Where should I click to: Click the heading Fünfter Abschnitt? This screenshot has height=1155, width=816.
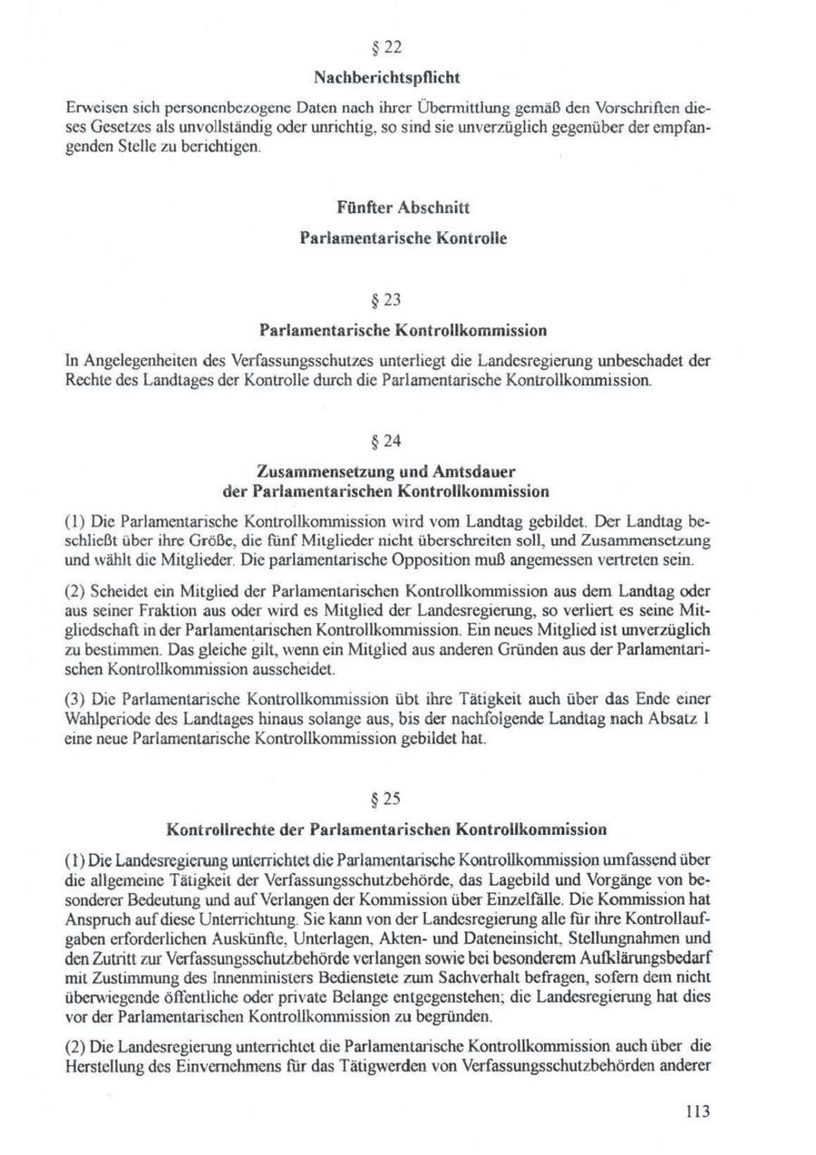point(406,207)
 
